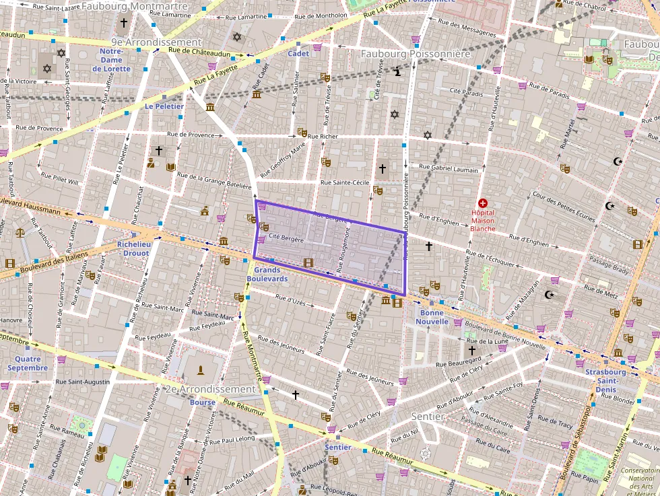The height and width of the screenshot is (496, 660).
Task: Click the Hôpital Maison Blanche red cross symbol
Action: [x=482, y=203]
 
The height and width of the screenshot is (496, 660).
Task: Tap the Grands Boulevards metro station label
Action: [x=267, y=275]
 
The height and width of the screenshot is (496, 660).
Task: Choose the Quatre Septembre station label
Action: [x=28, y=363]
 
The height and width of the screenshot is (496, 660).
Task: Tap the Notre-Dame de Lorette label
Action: [x=112, y=60]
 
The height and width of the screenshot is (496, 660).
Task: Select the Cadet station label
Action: [x=298, y=53]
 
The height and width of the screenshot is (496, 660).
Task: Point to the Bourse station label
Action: [x=203, y=402]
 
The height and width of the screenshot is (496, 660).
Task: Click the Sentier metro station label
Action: [x=338, y=447]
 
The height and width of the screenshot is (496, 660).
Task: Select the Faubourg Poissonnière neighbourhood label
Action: [x=416, y=53]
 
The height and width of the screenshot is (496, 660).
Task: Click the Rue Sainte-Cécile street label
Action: [x=345, y=182]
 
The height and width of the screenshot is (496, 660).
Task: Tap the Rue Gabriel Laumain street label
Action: [x=448, y=169]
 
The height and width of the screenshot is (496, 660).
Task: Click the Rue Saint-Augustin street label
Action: [x=83, y=382]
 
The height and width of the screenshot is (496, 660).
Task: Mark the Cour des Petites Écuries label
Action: [x=564, y=206]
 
